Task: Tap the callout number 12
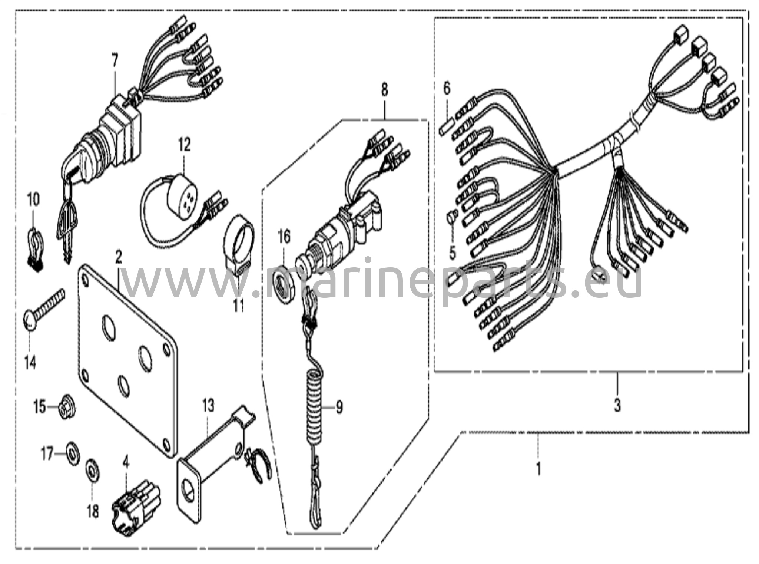(x=185, y=144)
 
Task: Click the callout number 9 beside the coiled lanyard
(x=338, y=408)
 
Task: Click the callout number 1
(x=538, y=468)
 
